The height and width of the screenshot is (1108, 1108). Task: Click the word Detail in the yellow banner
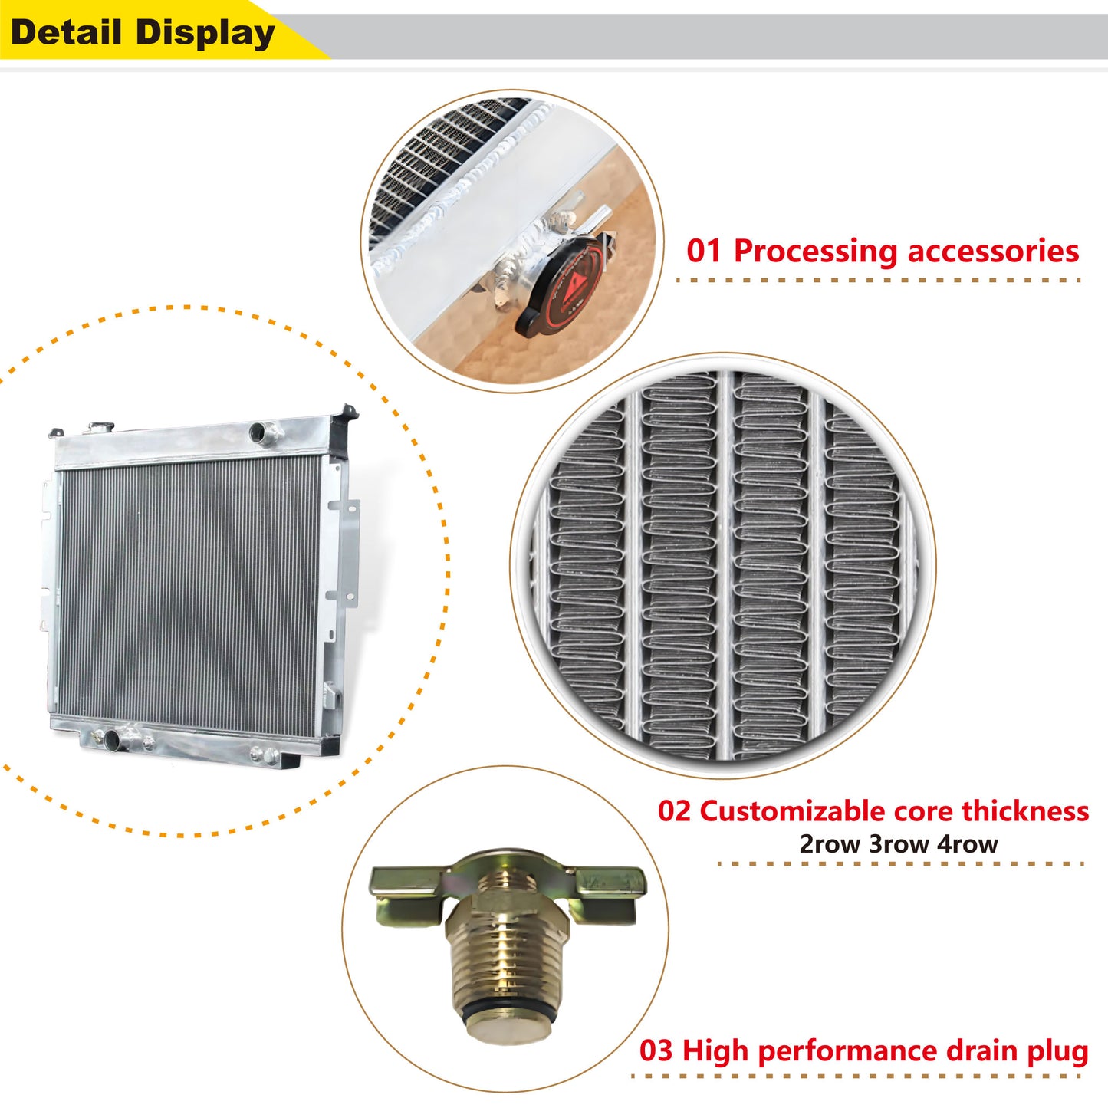click(66, 32)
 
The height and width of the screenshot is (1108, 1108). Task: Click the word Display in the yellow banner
click(205, 33)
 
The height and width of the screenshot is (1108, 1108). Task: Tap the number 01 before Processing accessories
click(704, 252)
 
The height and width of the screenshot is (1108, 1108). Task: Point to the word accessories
click(993, 252)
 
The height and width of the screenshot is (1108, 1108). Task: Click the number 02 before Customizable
click(674, 810)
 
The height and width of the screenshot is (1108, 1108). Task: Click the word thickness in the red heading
click(1025, 810)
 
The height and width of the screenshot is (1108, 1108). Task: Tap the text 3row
click(899, 844)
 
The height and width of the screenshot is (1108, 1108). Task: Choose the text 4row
click(967, 844)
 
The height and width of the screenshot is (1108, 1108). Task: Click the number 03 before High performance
click(656, 1050)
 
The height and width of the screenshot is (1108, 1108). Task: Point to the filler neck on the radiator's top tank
click(100, 428)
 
